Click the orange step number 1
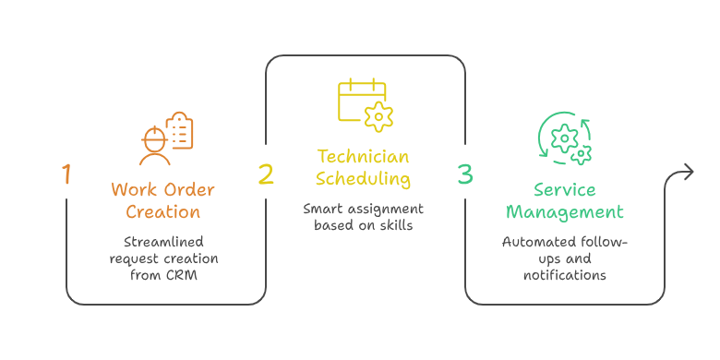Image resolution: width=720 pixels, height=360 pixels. pyautogui.click(x=67, y=174)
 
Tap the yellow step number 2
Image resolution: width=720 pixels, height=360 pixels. pyautogui.click(x=266, y=174)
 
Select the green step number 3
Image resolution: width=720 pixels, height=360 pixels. pyautogui.click(x=464, y=174)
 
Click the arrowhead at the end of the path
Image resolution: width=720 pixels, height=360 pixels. pyautogui.click(x=689, y=173)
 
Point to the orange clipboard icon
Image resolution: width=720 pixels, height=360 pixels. pyautogui.click(x=179, y=130)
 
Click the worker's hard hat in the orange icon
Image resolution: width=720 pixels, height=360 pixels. pyautogui.click(x=154, y=136)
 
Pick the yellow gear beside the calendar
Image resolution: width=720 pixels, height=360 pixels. pyautogui.click(x=378, y=117)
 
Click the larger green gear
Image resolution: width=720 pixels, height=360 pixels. pyautogui.click(x=564, y=138)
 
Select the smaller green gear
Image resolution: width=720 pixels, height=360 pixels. pyautogui.click(x=582, y=155)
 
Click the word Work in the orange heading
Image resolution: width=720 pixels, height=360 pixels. pyautogui.click(x=131, y=189)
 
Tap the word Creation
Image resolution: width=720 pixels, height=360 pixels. pyautogui.click(x=163, y=212)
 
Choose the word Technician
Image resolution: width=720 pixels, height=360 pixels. pyautogui.click(x=363, y=157)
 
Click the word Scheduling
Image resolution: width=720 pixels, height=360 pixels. pyautogui.click(x=363, y=179)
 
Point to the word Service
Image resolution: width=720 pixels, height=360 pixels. pyautogui.click(x=564, y=189)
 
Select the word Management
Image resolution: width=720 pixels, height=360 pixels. pyautogui.click(x=564, y=212)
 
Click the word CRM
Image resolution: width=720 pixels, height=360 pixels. pyautogui.click(x=181, y=276)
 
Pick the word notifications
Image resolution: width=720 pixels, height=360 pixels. pyautogui.click(x=564, y=275)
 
